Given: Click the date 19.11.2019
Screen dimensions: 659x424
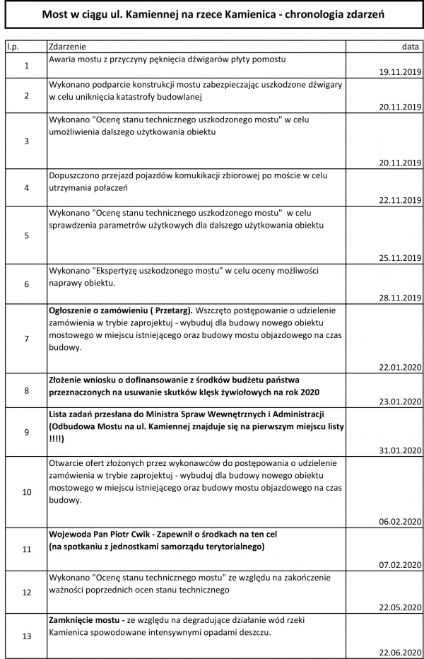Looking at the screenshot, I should click(401, 72).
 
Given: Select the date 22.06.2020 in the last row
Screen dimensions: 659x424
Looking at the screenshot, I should click(401, 652).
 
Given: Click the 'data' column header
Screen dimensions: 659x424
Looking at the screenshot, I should click(410, 47).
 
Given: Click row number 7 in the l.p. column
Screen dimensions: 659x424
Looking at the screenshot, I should click(26, 339).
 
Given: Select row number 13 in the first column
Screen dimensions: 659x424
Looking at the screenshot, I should click(26, 636).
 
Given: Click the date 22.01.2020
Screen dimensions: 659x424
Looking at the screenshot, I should click(401, 368).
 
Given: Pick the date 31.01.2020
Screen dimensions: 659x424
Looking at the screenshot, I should click(401, 450).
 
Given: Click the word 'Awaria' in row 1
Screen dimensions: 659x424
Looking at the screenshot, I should click(64, 59).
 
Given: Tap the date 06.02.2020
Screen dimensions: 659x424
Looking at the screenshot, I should click(401, 521).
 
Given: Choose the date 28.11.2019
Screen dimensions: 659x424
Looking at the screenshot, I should click(401, 298).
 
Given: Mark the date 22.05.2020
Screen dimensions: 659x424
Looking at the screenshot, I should click(401, 607).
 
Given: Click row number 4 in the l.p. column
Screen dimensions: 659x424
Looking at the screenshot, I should click(26, 188).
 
